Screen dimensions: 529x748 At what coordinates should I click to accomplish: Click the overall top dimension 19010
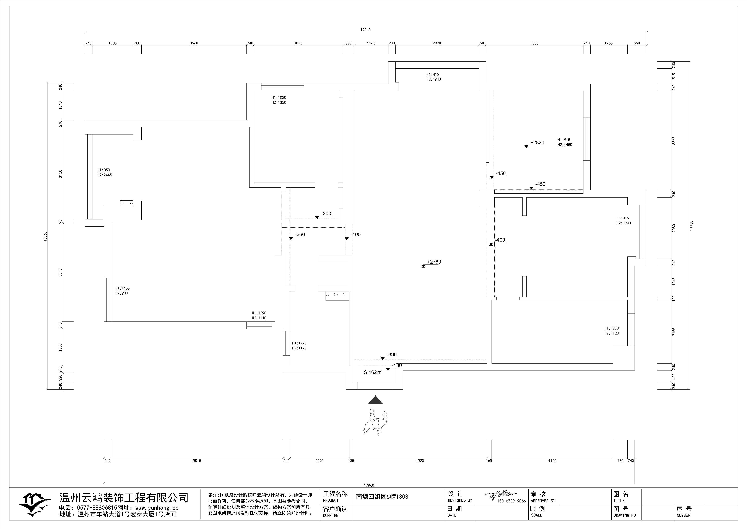[365, 30]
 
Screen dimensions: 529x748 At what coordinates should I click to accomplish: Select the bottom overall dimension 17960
[369, 485]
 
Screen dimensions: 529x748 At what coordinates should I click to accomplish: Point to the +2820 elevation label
[537, 143]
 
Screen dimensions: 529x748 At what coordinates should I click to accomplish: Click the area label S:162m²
[373, 372]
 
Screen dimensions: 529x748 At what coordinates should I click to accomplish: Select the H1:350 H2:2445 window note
[104, 172]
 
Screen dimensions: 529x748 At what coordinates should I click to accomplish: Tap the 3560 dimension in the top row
[194, 43]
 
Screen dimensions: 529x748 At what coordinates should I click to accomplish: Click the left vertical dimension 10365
[46, 236]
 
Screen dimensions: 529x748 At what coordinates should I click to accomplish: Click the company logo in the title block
[34, 505]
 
